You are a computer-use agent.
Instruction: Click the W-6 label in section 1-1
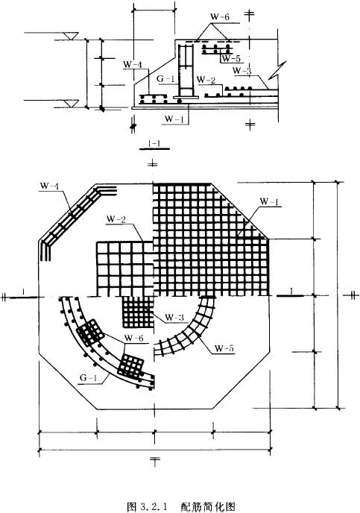tap(220, 17)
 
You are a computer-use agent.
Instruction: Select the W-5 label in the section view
tap(231, 59)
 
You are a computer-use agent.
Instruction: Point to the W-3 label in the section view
tap(242, 70)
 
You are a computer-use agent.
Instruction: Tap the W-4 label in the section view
tap(133, 64)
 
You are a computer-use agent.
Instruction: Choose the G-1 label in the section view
tap(165, 79)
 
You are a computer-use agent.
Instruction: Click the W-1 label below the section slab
tap(174, 119)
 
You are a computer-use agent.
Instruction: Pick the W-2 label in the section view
tap(206, 79)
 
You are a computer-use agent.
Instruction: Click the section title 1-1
tap(154, 143)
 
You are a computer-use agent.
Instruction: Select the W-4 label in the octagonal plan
tap(49, 186)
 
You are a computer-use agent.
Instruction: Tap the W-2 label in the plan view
tap(116, 219)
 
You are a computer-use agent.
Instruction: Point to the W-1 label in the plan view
tap(270, 202)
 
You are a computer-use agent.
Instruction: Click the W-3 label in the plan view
tap(174, 317)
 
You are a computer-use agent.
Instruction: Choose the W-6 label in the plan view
tap(134, 338)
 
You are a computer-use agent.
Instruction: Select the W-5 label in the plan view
tap(224, 348)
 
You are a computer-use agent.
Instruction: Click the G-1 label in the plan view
tap(88, 378)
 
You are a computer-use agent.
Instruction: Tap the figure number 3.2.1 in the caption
tap(154, 507)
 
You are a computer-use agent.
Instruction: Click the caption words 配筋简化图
tap(208, 507)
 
